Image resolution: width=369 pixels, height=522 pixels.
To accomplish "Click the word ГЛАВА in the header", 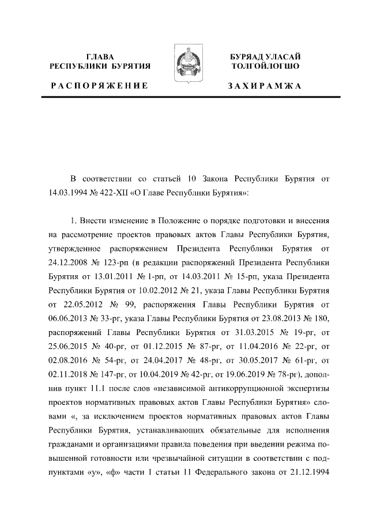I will coord(100,57).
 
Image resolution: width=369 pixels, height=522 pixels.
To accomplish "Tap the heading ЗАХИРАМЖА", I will coord(265,86).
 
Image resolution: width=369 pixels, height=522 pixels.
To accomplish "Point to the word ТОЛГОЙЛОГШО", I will coord(265,66).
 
